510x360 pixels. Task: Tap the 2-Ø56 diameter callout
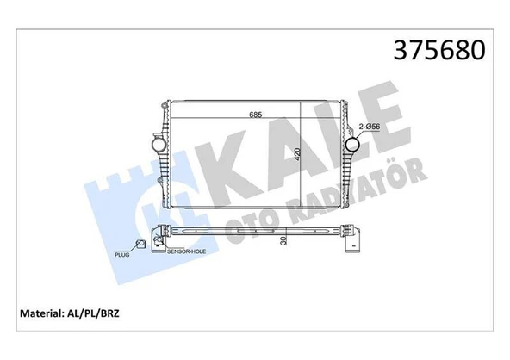click(373, 128)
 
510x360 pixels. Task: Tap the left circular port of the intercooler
click(159, 145)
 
